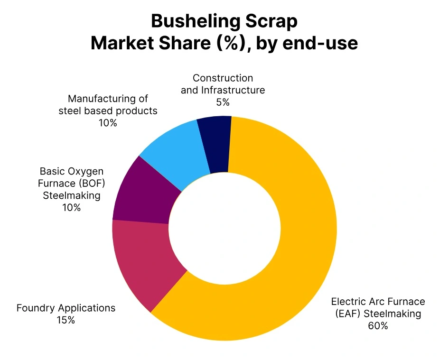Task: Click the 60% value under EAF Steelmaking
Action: (x=378, y=326)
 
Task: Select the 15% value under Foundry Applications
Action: (x=65, y=320)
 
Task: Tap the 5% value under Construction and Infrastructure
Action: (x=223, y=102)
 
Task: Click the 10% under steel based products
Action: (x=108, y=123)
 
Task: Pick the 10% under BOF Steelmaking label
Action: (x=71, y=207)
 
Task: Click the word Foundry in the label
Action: (x=34, y=308)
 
